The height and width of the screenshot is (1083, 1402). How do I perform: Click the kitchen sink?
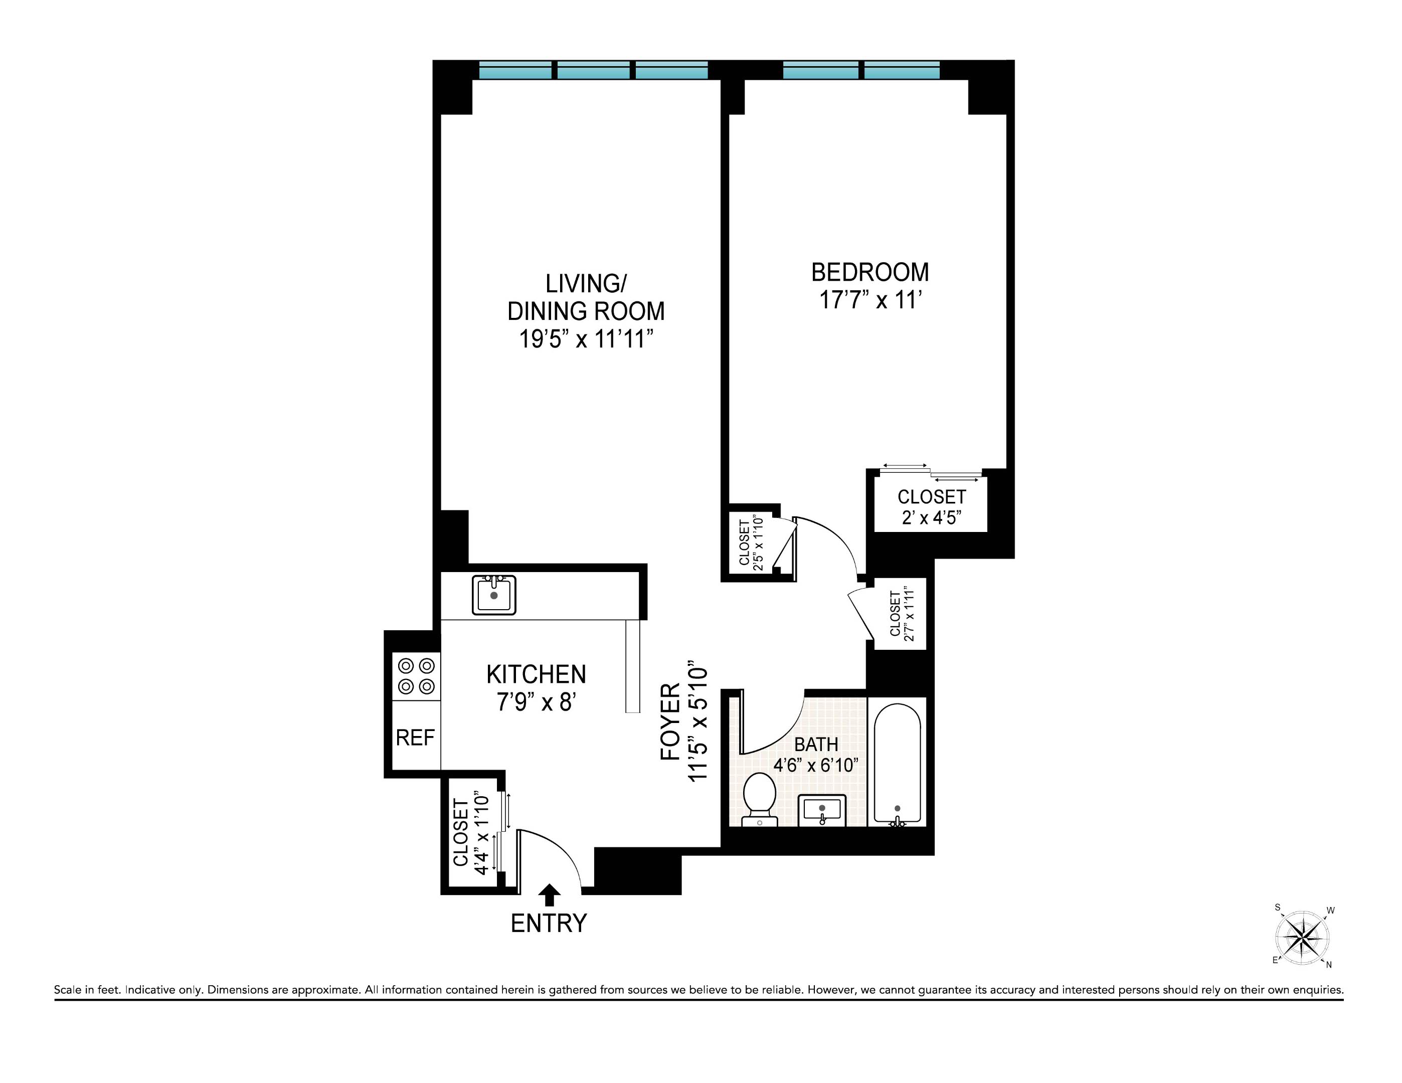[493, 595]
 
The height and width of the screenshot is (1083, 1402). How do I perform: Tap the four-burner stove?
[416, 676]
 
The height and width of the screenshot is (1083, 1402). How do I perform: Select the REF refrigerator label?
[415, 738]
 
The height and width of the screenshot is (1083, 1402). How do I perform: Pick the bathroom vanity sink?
[822, 810]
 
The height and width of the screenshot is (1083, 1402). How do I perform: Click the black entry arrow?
[549, 894]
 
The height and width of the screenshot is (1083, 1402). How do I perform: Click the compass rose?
[1302, 938]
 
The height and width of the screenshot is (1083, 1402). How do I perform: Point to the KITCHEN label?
[536, 674]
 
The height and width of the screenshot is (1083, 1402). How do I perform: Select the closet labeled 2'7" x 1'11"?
[901, 614]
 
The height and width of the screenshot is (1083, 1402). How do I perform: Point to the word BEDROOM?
[870, 272]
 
